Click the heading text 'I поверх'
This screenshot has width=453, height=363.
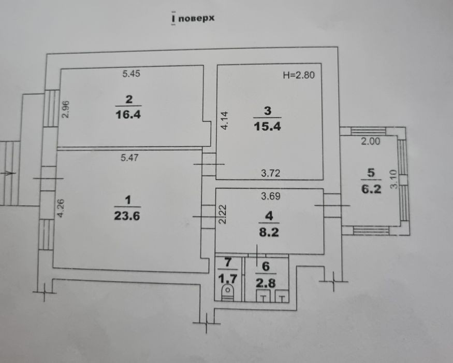(x=193, y=18)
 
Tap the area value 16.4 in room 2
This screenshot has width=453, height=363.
(x=128, y=115)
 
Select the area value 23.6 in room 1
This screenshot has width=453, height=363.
(x=127, y=216)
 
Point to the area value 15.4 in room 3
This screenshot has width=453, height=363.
(x=267, y=127)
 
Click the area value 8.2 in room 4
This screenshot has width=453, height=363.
(x=269, y=232)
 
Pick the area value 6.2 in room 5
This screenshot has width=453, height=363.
(x=371, y=189)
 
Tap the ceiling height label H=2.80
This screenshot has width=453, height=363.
(x=299, y=75)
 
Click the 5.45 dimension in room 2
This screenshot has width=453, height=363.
(x=131, y=74)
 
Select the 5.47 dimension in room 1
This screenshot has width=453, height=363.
(x=129, y=158)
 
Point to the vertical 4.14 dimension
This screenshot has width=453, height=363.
(x=224, y=120)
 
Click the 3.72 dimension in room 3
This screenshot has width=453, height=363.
(x=271, y=173)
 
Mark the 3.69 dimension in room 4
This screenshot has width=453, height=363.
(x=271, y=196)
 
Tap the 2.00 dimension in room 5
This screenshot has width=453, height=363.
(x=371, y=141)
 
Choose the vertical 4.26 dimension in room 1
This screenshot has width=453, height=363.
(x=61, y=208)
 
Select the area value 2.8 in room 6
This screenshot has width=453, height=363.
(x=266, y=283)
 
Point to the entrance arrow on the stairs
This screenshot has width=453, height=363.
(x=8, y=173)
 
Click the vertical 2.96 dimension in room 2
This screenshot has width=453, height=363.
(x=66, y=109)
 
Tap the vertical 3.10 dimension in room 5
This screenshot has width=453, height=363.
(x=394, y=179)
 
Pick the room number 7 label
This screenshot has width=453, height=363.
(x=228, y=262)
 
